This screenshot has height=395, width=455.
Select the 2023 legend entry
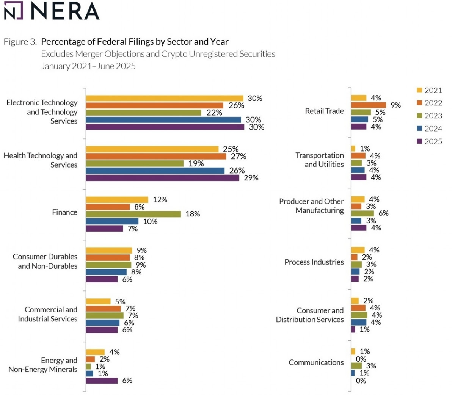pyautogui.click(x=429, y=116)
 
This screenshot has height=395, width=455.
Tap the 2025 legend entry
pyautogui.click(x=429, y=141)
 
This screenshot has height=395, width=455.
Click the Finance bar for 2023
pyautogui.click(x=133, y=214)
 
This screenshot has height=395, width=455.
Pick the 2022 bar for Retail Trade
pyautogui.click(x=368, y=105)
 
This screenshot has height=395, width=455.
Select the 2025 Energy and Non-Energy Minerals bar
pyautogui.click(x=102, y=381)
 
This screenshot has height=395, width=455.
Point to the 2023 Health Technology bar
pyautogui.click(x=135, y=163)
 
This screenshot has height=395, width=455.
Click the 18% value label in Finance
pyautogui.click(x=193, y=214)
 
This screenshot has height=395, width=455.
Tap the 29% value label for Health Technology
pyautogui.click(x=251, y=178)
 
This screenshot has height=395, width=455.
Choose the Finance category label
pyautogui.click(x=64, y=212)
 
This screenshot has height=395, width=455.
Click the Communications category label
pyautogui.click(x=316, y=362)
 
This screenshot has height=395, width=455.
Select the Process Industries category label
pyautogui.click(x=314, y=262)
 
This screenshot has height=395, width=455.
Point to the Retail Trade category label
pyautogui.click(x=324, y=111)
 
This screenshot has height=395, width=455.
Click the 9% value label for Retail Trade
pyautogui.click(x=395, y=105)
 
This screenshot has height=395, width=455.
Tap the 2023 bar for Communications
pyautogui.click(x=356, y=366)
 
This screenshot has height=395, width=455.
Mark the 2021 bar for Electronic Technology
pyautogui.click(x=164, y=98)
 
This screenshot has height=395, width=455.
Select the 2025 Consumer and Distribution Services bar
pyautogui.click(x=353, y=330)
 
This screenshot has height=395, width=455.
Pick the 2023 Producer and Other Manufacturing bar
pyautogui.click(x=362, y=213)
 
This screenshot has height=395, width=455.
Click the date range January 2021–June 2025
pyautogui.click(x=88, y=66)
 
